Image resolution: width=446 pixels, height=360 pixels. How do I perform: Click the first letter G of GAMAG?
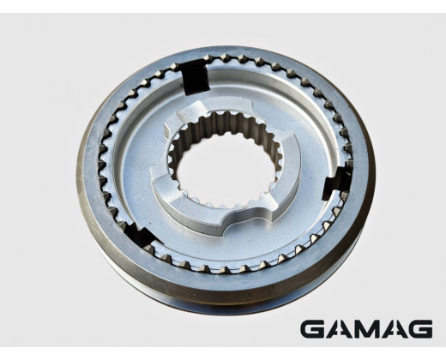click(314, 329)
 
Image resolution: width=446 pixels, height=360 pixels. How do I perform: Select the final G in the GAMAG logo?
click(419, 329)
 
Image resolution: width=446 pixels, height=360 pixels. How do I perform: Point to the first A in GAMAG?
click(341, 329)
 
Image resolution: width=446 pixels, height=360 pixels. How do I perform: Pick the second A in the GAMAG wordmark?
click(393, 329)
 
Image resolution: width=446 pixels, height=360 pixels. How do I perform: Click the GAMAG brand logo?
click(366, 329)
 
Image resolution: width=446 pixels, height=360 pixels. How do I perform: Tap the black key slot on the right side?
click(337, 183)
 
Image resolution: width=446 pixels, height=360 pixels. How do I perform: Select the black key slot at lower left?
click(141, 235)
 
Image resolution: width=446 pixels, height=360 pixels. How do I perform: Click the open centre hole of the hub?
click(226, 169)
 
